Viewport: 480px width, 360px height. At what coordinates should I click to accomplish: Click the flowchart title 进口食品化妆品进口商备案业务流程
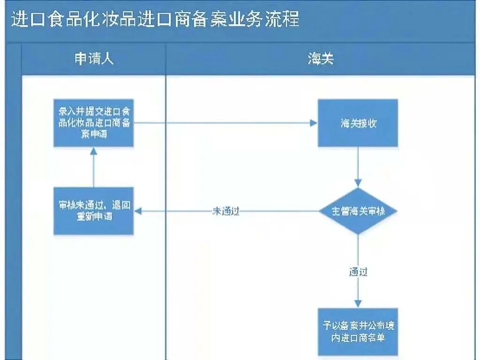point(155,20)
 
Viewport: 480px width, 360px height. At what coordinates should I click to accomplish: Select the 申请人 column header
point(94,59)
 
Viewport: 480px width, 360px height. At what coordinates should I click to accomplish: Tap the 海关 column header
point(321,59)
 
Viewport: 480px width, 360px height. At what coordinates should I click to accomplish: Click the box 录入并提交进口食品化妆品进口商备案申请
point(94,123)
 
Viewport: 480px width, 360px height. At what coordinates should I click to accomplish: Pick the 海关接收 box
point(358,123)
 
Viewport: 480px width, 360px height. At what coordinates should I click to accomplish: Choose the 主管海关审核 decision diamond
point(358,211)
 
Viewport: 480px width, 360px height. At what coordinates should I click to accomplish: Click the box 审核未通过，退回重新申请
point(94,211)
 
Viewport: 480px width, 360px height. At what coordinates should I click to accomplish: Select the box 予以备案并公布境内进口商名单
point(358,331)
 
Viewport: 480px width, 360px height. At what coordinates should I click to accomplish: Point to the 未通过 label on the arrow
point(226,211)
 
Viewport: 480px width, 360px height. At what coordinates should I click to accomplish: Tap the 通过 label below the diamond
point(358,271)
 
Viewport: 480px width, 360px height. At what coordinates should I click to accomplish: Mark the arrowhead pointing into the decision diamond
point(358,183)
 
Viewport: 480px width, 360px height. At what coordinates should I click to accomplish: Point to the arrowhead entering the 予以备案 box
point(358,303)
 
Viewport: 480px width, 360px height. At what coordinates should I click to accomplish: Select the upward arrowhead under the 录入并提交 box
point(94,151)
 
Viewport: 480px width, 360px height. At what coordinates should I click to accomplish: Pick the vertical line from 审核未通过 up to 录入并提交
point(94,171)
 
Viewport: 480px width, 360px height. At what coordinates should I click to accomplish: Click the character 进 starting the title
point(18,20)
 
